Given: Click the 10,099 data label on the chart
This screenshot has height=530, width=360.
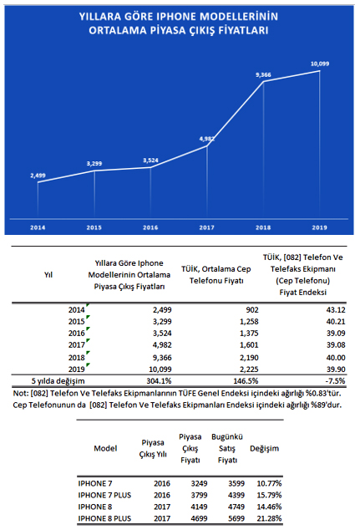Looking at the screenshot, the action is (319, 64).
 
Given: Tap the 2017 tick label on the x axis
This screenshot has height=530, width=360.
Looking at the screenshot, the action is (206, 227).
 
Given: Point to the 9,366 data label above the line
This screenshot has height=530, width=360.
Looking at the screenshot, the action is (263, 74).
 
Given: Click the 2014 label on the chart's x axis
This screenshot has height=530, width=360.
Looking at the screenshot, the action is (38, 227).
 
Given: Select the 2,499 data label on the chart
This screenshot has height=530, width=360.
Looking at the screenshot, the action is (38, 175).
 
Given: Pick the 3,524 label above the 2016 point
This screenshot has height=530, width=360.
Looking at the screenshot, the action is (150, 161).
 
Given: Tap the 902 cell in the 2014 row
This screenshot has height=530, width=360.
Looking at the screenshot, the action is (252, 309).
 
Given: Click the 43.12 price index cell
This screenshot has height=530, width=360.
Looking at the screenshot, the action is (336, 309).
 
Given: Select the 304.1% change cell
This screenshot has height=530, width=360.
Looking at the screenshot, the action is (159, 381).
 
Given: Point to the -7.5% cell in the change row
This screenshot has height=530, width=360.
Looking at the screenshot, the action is (335, 381).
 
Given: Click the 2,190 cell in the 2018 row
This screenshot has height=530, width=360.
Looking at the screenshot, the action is (249, 357).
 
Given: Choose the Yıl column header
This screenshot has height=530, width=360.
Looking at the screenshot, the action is (48, 274).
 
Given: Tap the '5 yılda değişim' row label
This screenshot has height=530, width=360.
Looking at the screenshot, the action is (58, 381).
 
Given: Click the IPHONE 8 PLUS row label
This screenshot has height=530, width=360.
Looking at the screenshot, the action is (104, 518).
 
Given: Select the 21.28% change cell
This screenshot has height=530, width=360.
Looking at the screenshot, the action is (269, 518).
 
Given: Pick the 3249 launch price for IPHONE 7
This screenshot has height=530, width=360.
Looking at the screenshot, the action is (199, 483).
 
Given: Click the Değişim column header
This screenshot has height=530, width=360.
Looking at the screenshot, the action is (265, 449).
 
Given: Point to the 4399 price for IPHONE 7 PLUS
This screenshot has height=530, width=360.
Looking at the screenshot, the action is (236, 495).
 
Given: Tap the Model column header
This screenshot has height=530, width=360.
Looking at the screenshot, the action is (105, 448).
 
